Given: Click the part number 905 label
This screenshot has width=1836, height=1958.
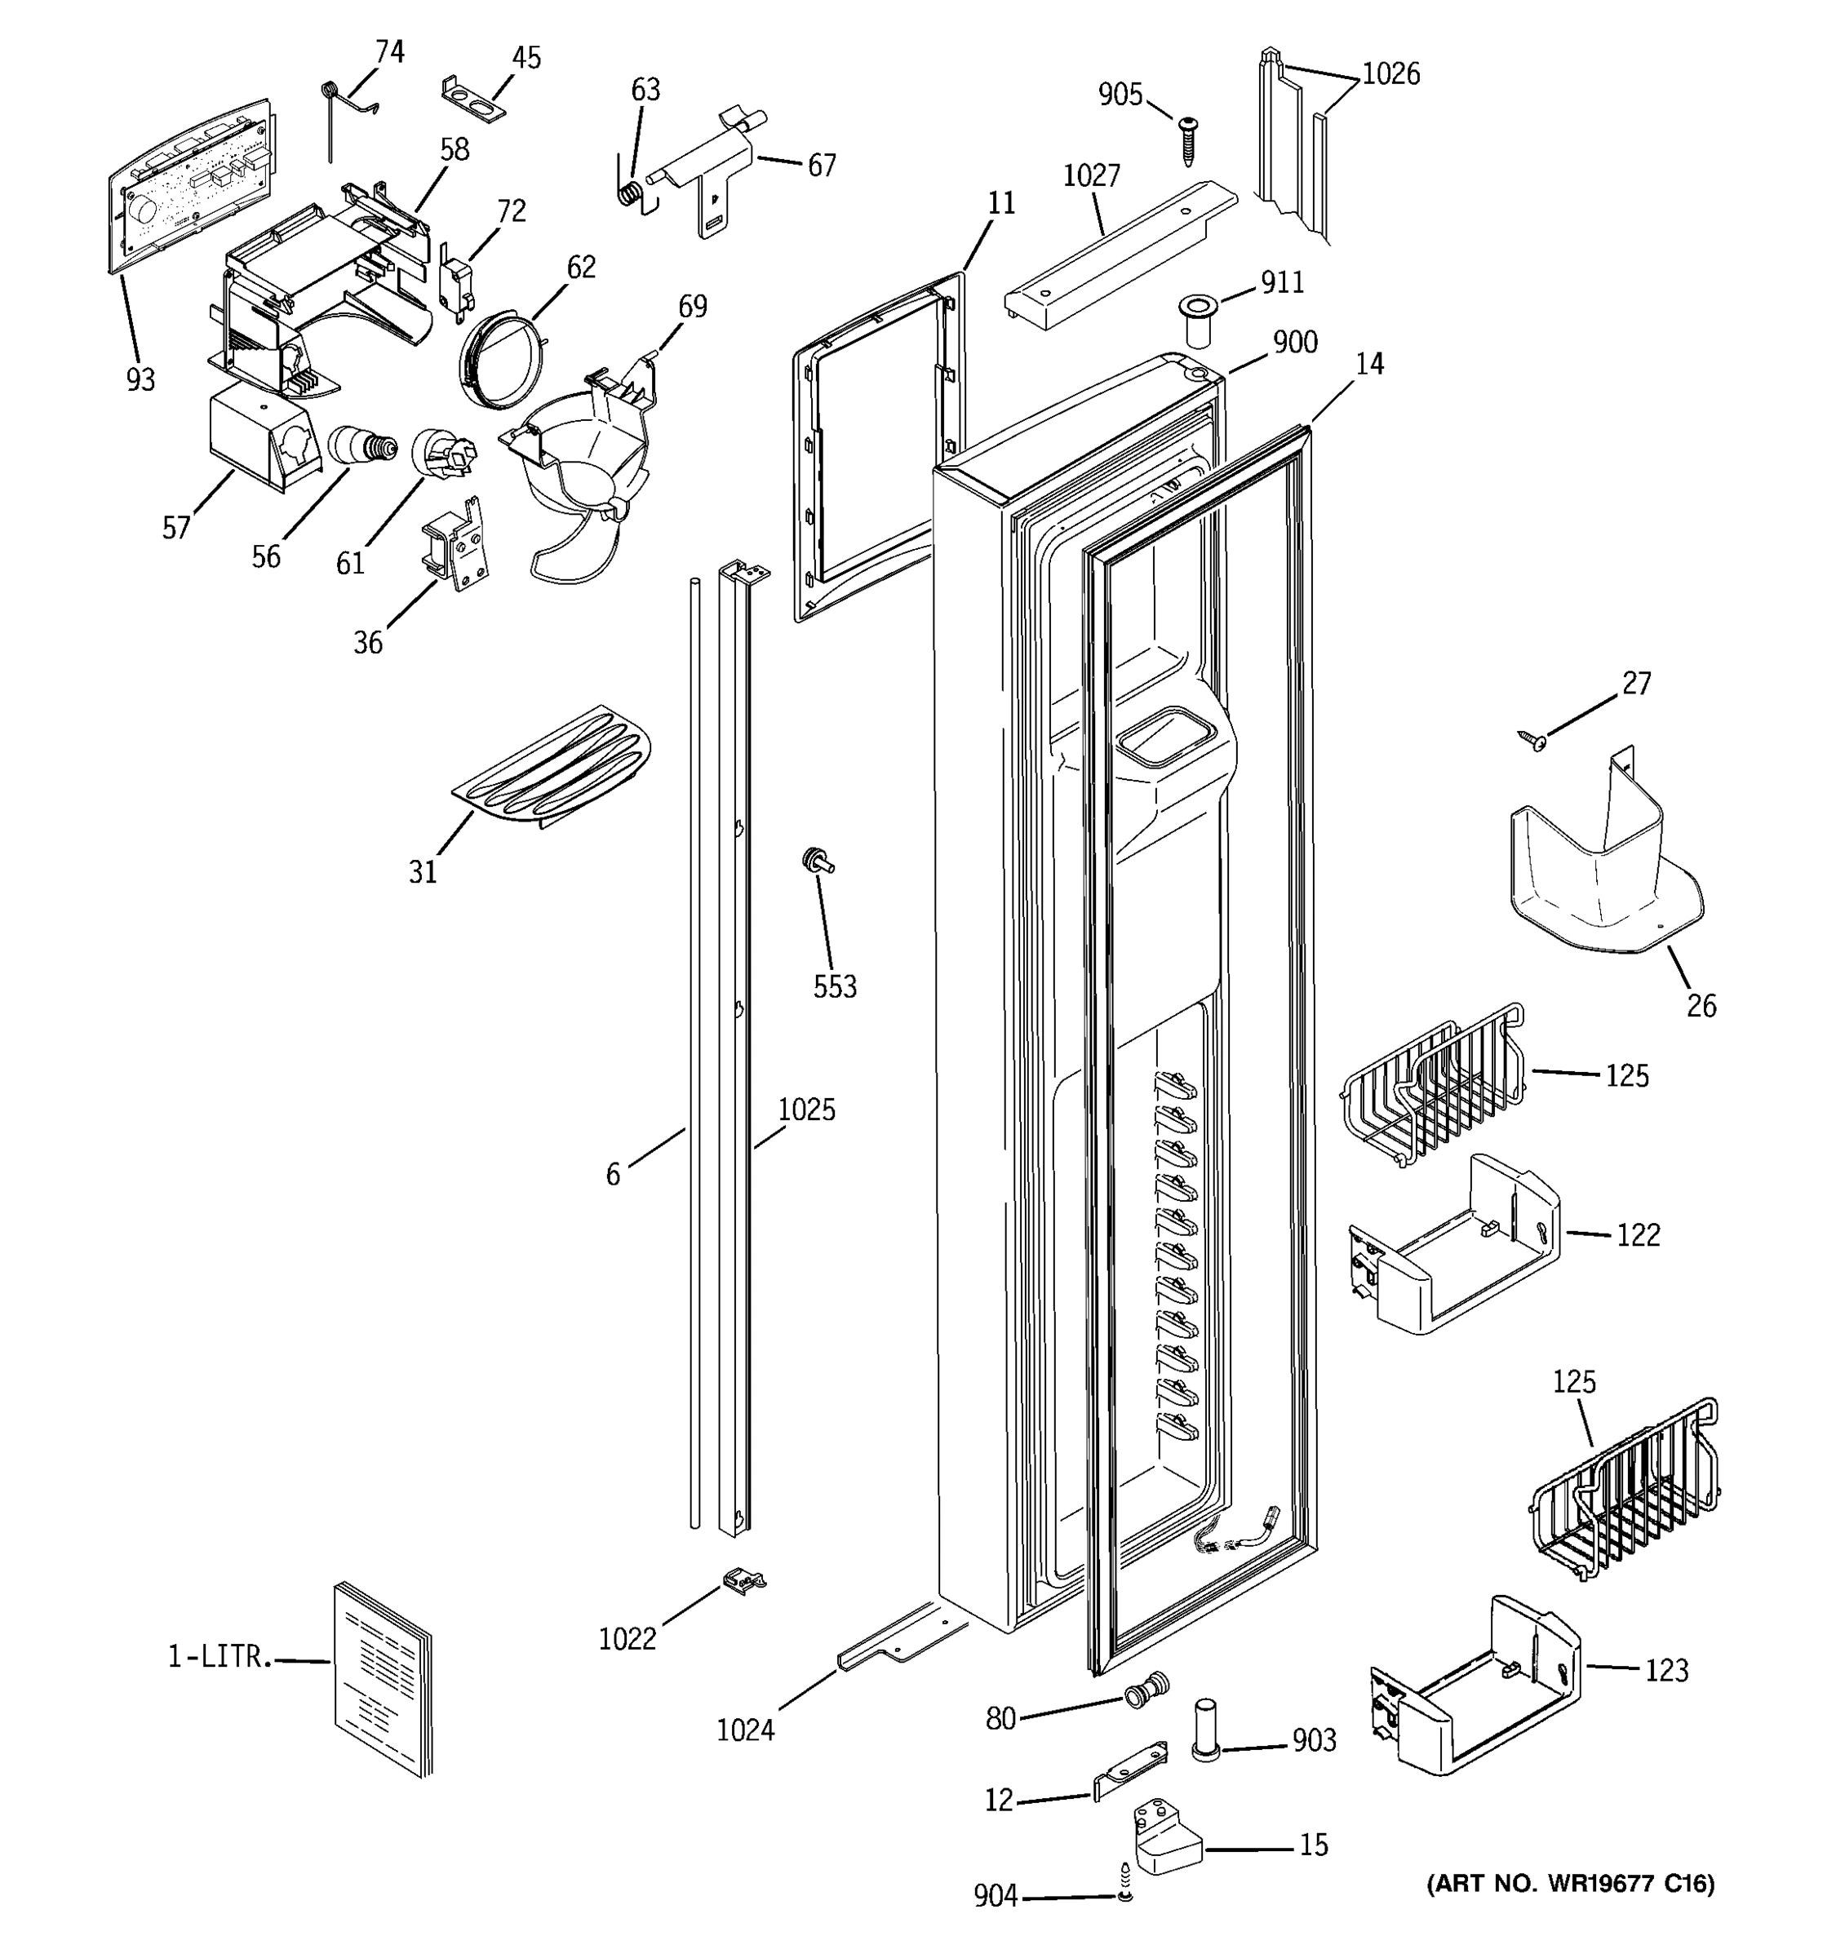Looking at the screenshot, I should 1120,95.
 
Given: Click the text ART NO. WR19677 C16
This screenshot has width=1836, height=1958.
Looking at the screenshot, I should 1571,1884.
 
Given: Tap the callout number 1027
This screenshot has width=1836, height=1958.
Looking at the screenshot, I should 1091,176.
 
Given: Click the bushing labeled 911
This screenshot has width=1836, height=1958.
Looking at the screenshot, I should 1199,317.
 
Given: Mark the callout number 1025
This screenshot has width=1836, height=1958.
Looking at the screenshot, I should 805,1110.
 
